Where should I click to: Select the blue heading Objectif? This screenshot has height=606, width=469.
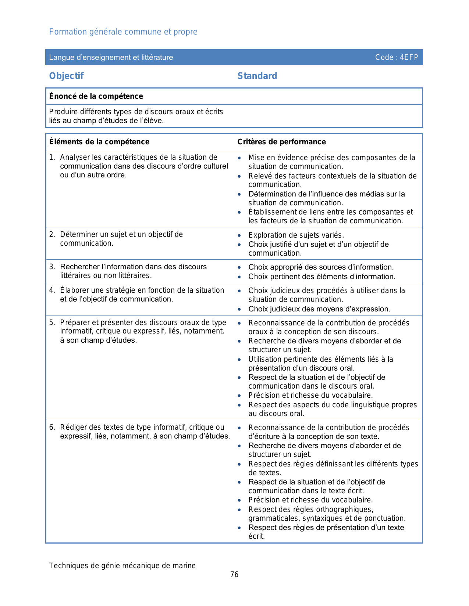[67, 76]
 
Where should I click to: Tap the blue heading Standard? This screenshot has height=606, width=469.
[257, 76]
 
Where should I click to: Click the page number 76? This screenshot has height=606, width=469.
[234, 574]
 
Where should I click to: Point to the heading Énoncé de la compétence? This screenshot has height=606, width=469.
[96, 96]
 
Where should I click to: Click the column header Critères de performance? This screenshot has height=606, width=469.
[281, 142]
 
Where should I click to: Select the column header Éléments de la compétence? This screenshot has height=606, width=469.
[99, 142]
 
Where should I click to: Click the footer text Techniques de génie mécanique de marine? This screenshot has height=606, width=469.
[122, 566]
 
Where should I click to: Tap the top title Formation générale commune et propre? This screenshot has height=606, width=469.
[123, 32]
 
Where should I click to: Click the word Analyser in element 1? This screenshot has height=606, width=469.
[75, 157]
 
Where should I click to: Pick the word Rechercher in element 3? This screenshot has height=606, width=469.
[80, 267]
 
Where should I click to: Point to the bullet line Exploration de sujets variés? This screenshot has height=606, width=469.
[296, 235]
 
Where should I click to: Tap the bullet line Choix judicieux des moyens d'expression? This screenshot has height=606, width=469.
[319, 309]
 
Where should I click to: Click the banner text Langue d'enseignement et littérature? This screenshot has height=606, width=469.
[111, 57]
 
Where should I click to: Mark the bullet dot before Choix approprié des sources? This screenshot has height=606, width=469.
[239, 267]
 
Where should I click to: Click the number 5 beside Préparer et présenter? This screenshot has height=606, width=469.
[51, 322]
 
